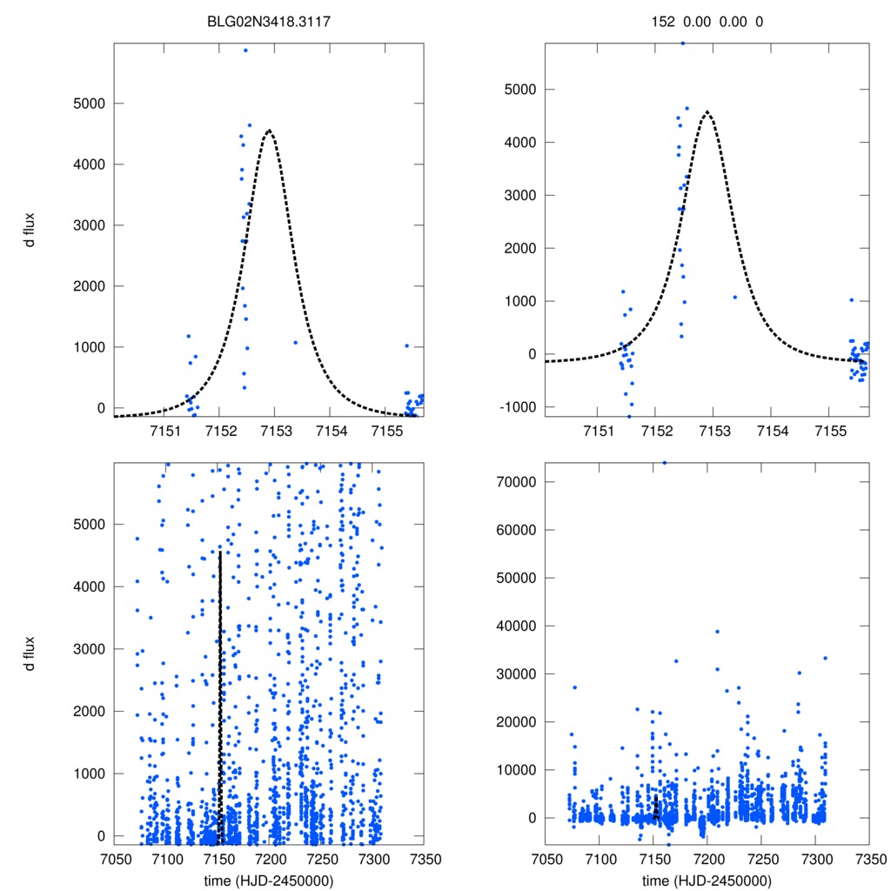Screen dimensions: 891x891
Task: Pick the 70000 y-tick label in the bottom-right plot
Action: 512,481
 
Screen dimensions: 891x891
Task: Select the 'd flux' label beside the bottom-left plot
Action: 30,653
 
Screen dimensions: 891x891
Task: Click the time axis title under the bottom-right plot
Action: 707,880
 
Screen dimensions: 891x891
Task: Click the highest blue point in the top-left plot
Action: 245,50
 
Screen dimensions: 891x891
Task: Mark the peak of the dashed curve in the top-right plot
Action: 707,111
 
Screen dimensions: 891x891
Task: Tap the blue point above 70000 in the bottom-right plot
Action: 665,463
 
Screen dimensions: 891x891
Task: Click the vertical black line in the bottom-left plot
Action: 220,696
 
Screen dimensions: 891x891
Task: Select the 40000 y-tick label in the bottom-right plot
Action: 512,626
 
